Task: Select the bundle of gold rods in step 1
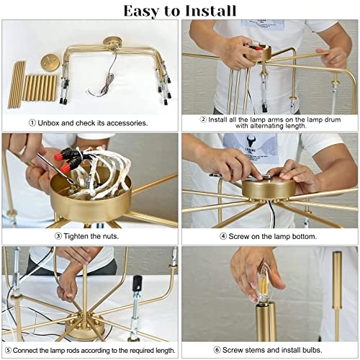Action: coord(29,85)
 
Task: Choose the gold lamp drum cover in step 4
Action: coord(268,188)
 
